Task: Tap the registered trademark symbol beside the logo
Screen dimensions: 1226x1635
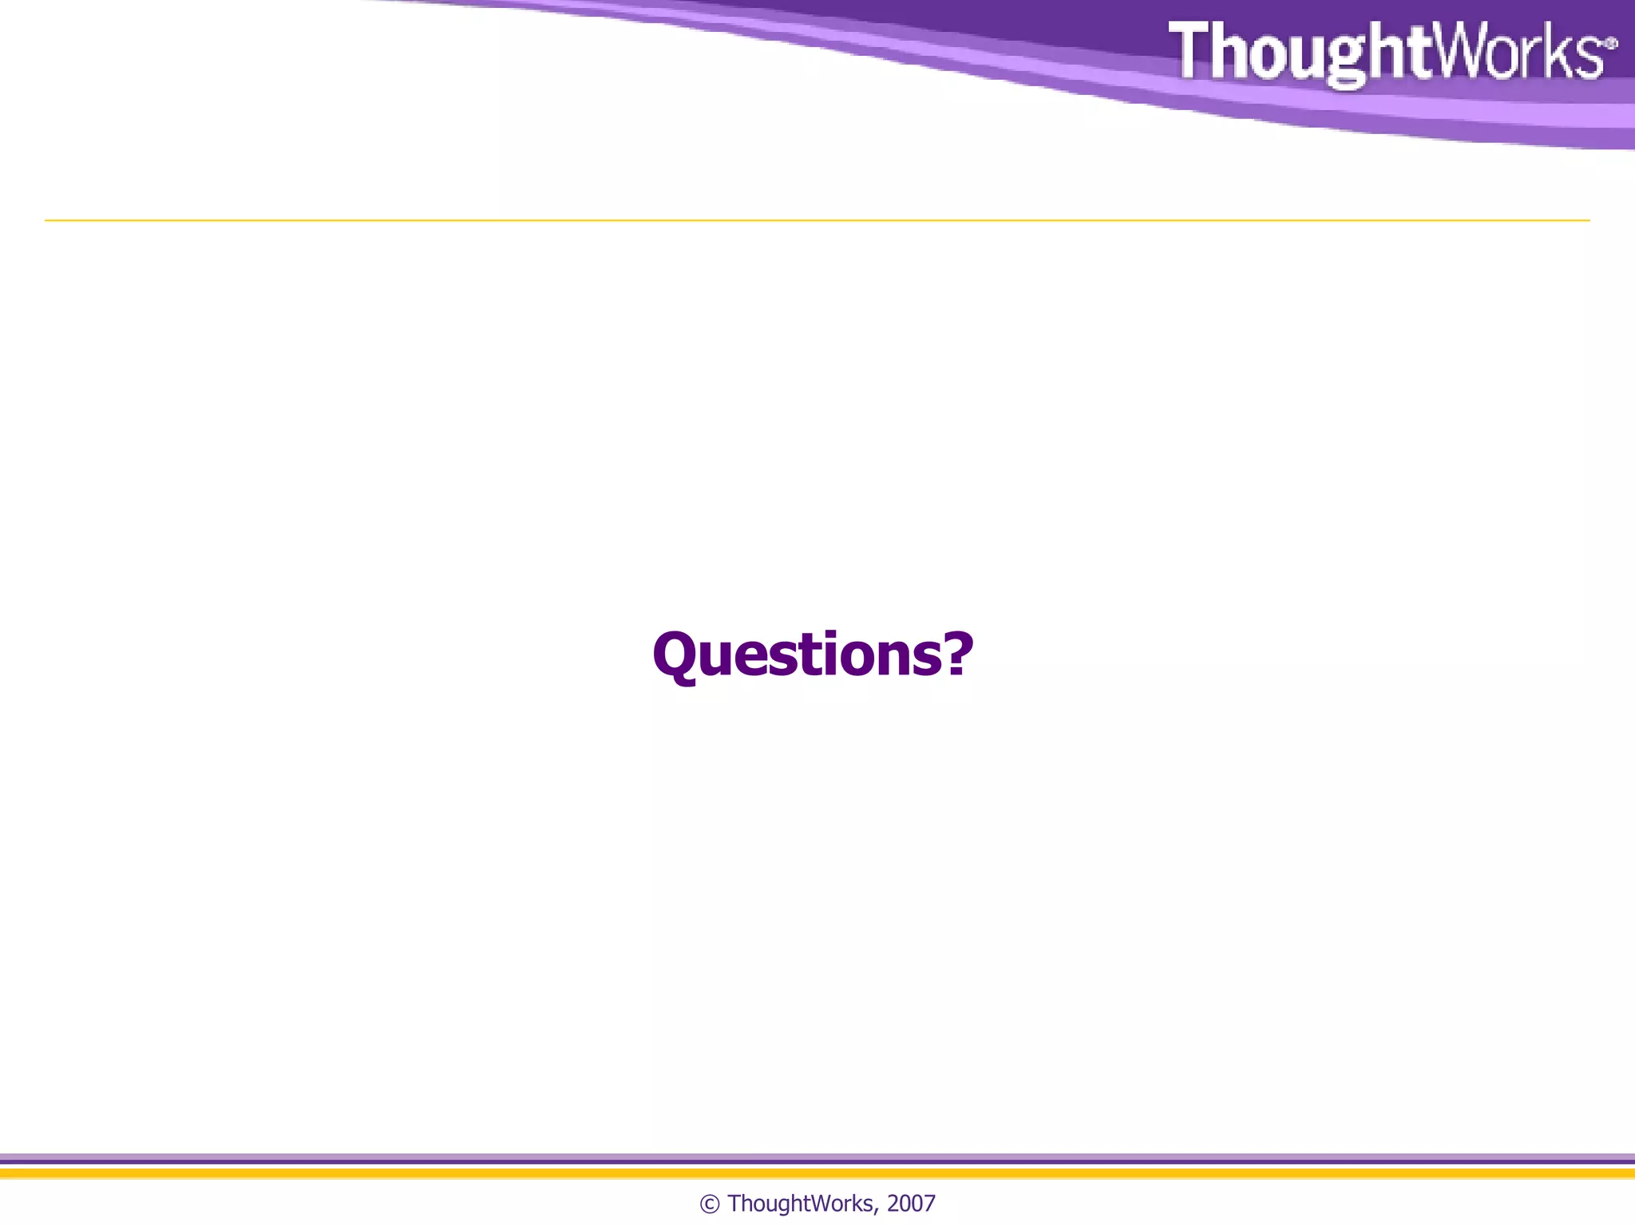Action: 1611,43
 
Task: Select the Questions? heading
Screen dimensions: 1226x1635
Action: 813,655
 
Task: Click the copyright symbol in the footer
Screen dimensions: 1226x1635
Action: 709,1204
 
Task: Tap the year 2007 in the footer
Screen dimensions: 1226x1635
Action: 911,1204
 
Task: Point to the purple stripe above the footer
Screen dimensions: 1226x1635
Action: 817,1157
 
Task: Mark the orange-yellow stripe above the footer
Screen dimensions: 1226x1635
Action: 817,1173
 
